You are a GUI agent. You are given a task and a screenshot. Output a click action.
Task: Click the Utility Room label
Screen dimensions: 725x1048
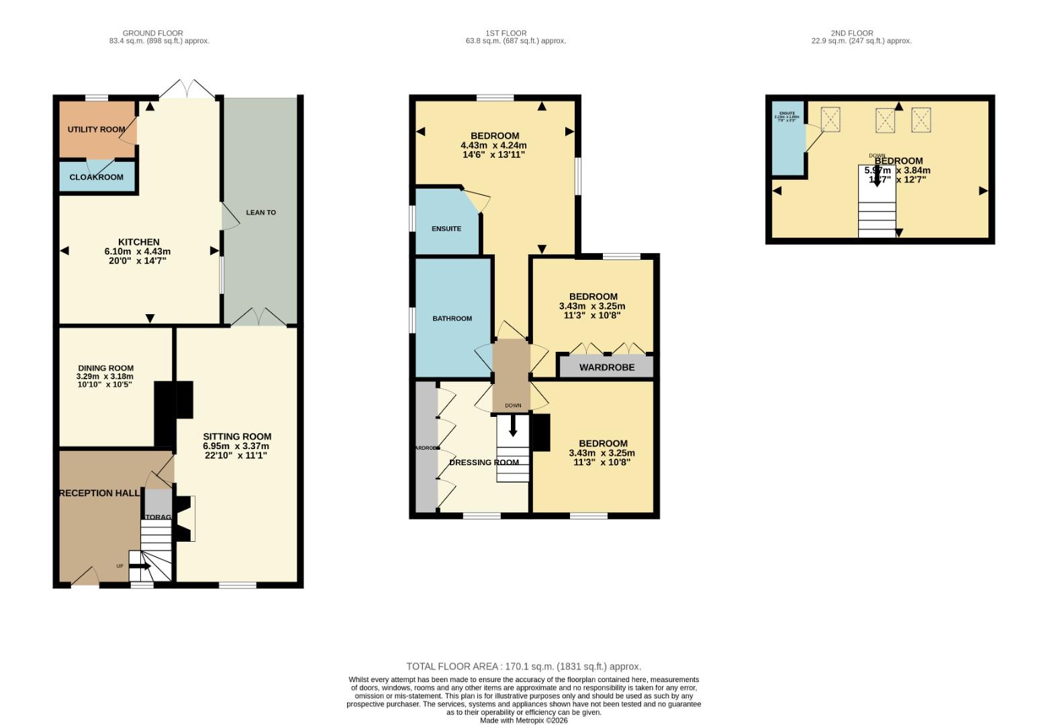click(x=96, y=129)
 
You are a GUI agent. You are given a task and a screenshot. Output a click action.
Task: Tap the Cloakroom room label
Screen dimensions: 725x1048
click(x=96, y=177)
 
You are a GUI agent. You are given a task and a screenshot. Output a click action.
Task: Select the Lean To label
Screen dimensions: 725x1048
click(x=260, y=212)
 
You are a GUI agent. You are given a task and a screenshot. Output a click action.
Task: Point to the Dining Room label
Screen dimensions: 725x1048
click(x=105, y=368)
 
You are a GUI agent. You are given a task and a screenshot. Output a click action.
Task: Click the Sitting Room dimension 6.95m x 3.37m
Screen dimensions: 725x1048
click(x=236, y=446)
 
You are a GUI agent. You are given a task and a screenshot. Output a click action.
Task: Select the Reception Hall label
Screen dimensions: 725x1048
click(x=100, y=493)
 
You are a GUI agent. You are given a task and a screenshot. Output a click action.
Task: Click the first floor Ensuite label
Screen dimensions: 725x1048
click(x=446, y=229)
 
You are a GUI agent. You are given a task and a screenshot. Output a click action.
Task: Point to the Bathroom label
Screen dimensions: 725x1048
click(x=452, y=318)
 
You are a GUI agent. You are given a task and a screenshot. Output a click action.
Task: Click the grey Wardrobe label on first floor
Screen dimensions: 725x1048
click(x=606, y=367)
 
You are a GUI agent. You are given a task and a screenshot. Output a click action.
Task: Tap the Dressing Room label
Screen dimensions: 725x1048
click(x=483, y=462)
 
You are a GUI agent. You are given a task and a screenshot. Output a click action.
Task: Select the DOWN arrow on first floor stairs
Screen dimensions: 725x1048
click(x=513, y=426)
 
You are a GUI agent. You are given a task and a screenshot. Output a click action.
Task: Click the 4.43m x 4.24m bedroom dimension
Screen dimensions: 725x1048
click(x=493, y=145)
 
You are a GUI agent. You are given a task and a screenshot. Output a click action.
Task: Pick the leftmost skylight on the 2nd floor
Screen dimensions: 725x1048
click(x=830, y=120)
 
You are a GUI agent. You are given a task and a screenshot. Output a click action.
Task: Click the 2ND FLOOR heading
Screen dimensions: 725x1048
click(x=852, y=33)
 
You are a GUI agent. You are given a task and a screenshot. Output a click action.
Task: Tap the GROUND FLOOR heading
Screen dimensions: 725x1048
click(x=152, y=33)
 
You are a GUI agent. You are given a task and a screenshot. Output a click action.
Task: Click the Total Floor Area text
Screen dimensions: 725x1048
click(x=524, y=667)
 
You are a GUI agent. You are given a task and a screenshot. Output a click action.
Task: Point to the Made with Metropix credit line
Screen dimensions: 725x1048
click(x=524, y=720)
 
